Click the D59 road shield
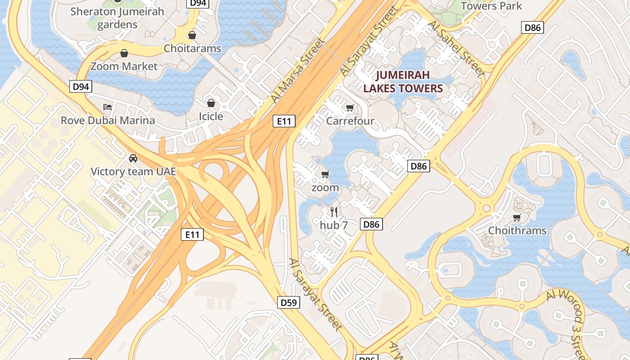[290, 302]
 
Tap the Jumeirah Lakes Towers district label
[403, 81]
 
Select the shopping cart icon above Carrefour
[350, 108]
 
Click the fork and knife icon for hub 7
[334, 211]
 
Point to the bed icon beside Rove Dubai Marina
[108, 107]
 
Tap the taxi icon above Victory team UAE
[133, 158]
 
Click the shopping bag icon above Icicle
[211, 103]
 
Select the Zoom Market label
[124, 67]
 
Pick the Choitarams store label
[193, 48]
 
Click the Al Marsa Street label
[297, 71]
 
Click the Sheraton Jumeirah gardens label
[117, 18]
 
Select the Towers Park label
[491, 6]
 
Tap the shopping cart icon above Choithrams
[517, 218]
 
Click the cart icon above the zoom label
[325, 174]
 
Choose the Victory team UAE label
[133, 171]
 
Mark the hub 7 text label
[334, 225]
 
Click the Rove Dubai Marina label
[108, 120]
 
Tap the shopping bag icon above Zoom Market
[124, 54]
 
